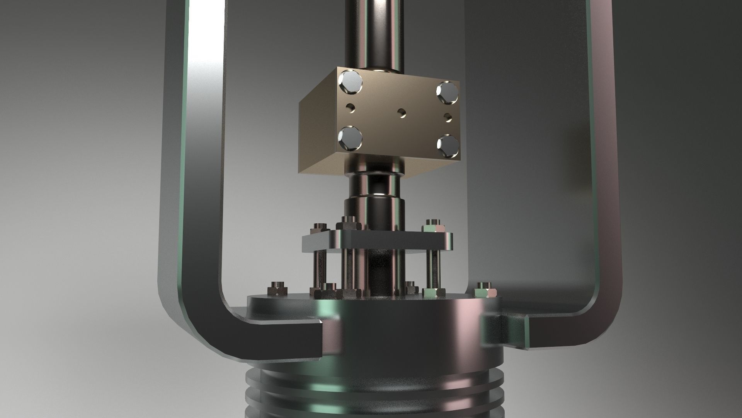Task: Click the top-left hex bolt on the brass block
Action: click(350, 83)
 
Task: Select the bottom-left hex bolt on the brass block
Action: click(350, 139)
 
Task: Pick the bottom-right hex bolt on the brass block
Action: click(447, 145)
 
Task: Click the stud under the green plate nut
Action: click(433, 267)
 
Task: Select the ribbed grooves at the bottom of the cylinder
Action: click(371, 399)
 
